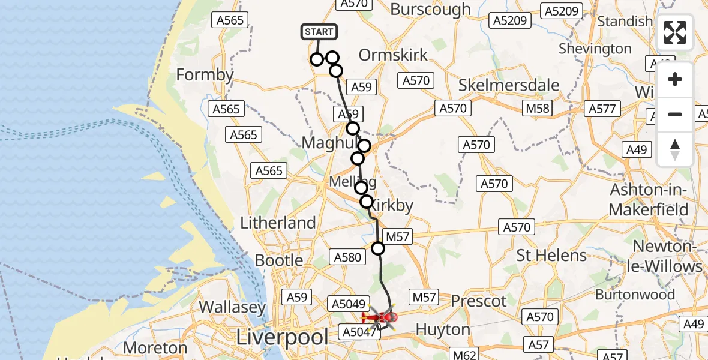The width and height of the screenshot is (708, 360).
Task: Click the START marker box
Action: [319, 32]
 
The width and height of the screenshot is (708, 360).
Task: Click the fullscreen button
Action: [675, 32]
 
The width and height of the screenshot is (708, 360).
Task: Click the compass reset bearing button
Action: [675, 149]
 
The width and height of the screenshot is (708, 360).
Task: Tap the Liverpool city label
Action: [284, 337]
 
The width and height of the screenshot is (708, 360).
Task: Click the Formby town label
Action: [205, 75]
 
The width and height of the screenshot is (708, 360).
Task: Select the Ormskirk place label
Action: [393, 55]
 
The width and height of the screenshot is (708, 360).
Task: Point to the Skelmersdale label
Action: [509, 85]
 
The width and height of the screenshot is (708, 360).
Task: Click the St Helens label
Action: [552, 256]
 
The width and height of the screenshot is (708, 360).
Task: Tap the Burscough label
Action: [430, 10]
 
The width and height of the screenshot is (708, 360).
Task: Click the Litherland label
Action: [278, 223]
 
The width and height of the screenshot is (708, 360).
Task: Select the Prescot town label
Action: [479, 301]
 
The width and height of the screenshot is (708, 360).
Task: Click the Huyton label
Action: [443, 329]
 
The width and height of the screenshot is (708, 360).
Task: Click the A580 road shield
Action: [347, 257]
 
